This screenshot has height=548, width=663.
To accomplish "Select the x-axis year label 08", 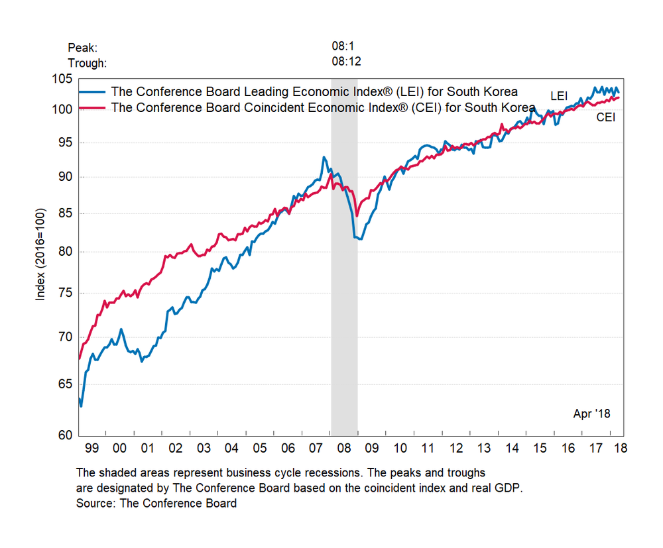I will coord(344,449).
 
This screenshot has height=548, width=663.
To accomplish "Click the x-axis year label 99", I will coord(91,449).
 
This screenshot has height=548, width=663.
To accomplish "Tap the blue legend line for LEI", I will coord(92,91).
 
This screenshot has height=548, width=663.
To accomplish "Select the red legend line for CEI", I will coord(92,107).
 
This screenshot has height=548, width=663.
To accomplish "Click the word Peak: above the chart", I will coord(82,48).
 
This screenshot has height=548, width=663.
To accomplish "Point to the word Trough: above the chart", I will coord(88,63).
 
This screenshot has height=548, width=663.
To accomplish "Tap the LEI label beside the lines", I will coord(559,96).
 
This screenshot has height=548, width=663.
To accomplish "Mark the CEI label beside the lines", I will coord(606,117).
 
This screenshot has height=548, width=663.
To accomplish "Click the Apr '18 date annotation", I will coord(591,413).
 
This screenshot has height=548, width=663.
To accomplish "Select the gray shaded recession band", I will coord(344,265).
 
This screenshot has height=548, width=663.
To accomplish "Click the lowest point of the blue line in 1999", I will coord(82,406).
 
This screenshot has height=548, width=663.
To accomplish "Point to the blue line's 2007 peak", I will coord(324,157).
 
